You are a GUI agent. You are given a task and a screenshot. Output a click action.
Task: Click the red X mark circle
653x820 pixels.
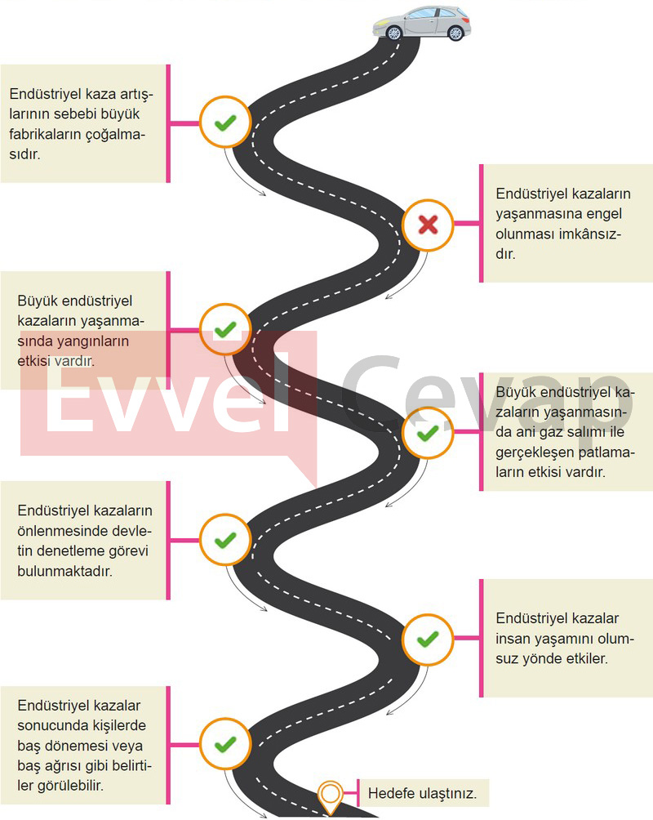(428, 225)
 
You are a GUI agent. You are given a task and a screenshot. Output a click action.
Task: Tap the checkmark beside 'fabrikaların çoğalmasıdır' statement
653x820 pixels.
(225, 123)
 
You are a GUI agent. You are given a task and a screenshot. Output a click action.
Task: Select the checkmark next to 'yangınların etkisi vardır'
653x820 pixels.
(225, 329)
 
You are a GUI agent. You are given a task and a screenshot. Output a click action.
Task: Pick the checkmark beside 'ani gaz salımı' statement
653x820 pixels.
(428, 433)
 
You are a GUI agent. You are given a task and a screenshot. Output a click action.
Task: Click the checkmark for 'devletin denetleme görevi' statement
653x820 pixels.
(225, 539)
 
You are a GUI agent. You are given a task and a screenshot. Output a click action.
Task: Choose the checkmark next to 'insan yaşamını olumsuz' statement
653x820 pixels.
(428, 639)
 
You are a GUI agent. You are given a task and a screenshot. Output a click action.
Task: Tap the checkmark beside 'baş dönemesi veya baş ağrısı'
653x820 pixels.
(225, 744)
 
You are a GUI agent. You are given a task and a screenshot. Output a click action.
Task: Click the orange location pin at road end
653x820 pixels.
(330, 797)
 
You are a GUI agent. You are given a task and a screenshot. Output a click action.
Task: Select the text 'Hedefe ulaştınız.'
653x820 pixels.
(423, 793)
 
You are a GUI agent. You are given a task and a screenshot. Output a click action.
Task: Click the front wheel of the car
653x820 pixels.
(393, 33)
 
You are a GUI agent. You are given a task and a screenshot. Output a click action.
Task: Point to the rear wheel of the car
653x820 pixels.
(456, 33)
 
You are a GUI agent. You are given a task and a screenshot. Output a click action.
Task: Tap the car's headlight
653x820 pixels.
(380, 24)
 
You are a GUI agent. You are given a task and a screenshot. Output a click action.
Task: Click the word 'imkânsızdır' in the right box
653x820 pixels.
(558, 243)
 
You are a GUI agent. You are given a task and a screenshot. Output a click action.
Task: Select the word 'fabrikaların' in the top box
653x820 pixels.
(47, 135)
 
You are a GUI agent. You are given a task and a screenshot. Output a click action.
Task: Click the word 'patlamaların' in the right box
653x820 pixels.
(565, 461)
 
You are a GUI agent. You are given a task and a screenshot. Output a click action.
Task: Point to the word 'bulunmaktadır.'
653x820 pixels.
(64, 571)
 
